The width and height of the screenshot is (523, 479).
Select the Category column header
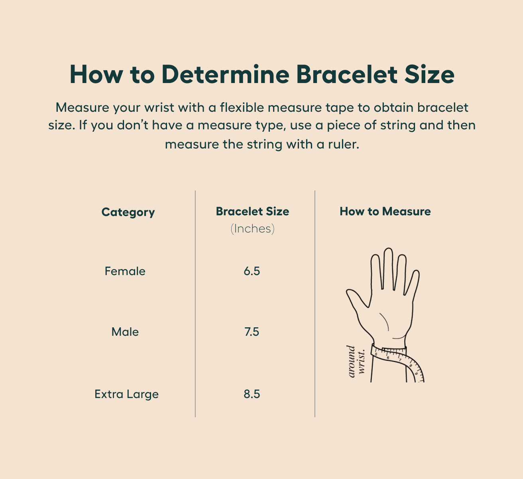[x=128, y=212]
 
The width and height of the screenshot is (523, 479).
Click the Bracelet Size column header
[x=252, y=211]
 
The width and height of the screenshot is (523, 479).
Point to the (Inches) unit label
[x=252, y=229]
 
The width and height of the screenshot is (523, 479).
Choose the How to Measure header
[x=385, y=211]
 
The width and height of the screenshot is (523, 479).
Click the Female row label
[x=125, y=271]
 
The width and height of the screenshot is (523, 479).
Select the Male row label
[x=125, y=332]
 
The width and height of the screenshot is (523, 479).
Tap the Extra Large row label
[x=126, y=394]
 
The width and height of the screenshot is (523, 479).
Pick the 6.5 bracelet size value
[x=252, y=271]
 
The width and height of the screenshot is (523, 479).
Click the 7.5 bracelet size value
[x=252, y=332]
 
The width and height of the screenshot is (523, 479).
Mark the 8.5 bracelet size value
[x=252, y=394]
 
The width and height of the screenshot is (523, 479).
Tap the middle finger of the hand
[x=388, y=269]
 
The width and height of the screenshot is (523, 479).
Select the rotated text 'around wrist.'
[x=356, y=362]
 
